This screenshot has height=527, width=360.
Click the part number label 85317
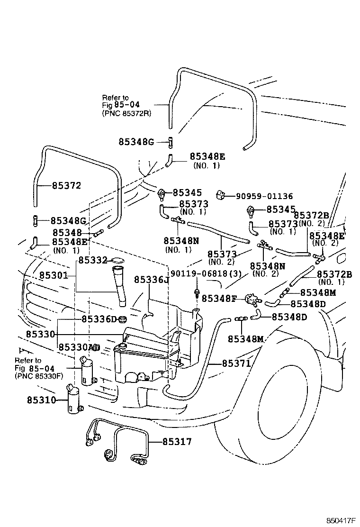pos(177,442)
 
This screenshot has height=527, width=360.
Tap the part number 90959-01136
pos(264,196)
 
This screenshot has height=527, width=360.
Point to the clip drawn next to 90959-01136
pos(221,195)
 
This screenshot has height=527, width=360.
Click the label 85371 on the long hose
pos(236,363)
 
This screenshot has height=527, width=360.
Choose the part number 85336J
pos(151,280)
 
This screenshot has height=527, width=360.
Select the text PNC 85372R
pos(124,114)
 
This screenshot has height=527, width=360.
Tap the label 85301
pos(53,275)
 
